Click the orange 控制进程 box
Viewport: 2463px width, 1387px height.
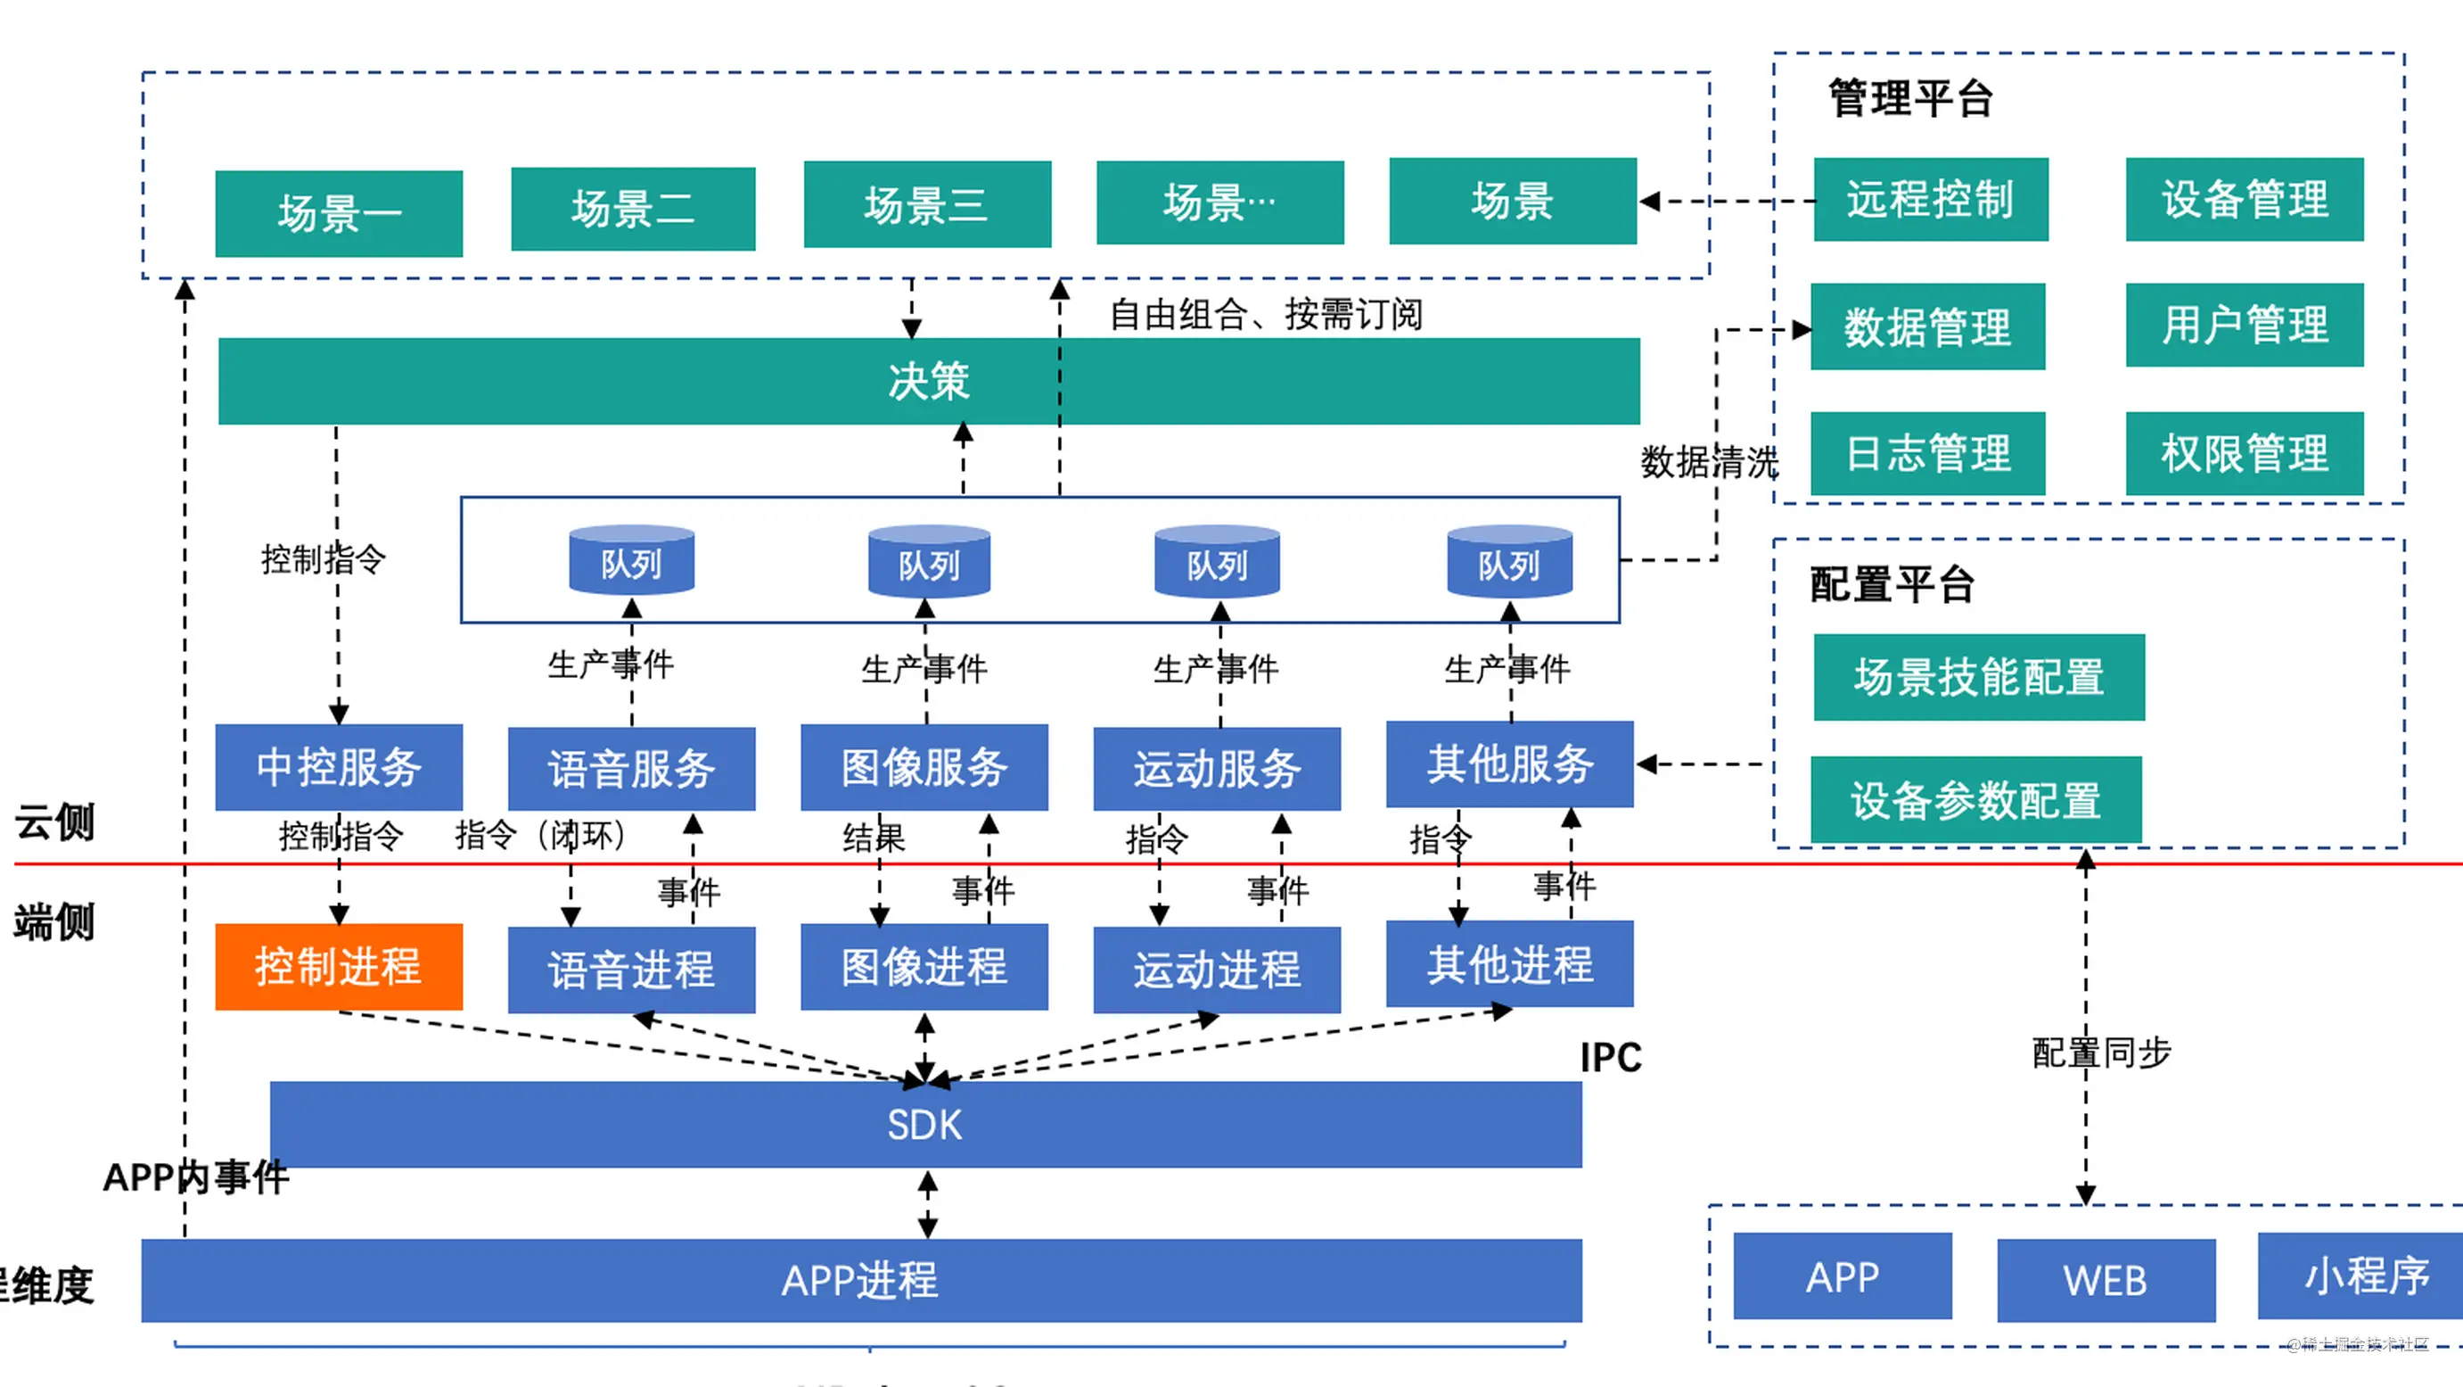tap(339, 966)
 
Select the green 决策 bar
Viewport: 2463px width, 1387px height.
tap(927, 381)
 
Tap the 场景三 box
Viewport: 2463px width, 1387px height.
tap(926, 204)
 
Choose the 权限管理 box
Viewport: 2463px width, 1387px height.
tap(2244, 453)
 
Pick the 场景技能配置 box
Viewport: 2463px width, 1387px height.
tap(1978, 677)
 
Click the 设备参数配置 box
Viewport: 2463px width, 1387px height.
tap(1975, 800)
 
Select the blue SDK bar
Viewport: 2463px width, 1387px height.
tap(924, 1124)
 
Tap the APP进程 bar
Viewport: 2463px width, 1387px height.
tap(860, 1280)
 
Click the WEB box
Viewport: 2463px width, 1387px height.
tap(2106, 1280)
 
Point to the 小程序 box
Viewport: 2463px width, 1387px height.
tap(2361, 1276)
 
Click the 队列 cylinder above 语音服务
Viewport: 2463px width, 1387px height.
tap(631, 562)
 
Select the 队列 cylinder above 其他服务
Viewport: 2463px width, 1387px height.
tap(1509, 563)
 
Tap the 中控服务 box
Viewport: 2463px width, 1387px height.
tap(339, 767)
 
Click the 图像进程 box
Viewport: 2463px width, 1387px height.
tap(924, 966)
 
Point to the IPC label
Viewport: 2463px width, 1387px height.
tap(1610, 1057)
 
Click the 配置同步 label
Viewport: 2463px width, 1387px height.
tap(2100, 1053)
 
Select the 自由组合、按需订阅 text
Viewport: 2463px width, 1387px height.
tap(1265, 314)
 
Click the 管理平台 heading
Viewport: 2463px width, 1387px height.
tap(1910, 98)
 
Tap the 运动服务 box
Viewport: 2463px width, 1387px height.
tap(1216, 768)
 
